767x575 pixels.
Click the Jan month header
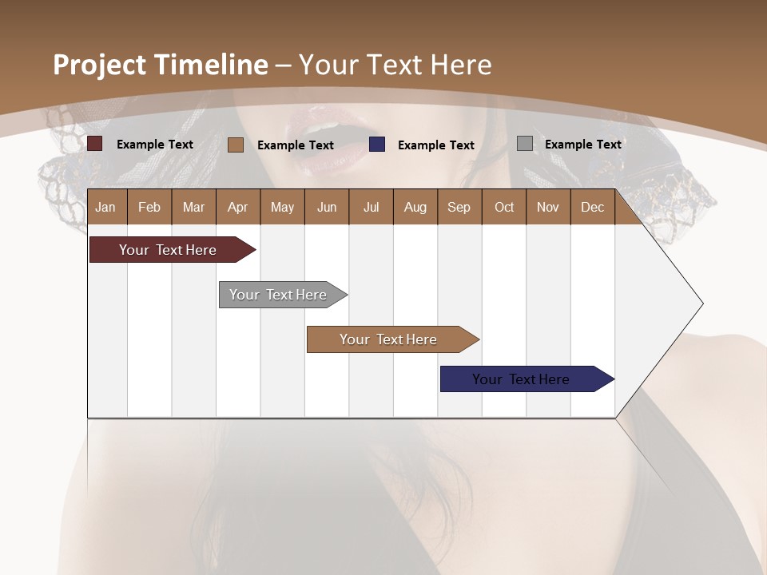[x=105, y=207]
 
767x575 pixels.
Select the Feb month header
[x=149, y=207]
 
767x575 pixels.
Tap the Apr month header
[x=237, y=207]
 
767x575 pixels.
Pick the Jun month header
[x=327, y=207]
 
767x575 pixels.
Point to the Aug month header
[x=415, y=207]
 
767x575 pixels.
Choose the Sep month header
[x=459, y=207]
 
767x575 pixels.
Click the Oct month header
[x=504, y=207]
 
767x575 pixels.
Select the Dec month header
[x=592, y=207]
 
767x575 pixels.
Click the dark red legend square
[x=95, y=144]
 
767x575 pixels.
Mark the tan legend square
[x=236, y=145]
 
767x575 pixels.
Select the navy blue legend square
[x=377, y=145]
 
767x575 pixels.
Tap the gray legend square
[x=525, y=144]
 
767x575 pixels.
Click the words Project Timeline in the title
[x=160, y=65]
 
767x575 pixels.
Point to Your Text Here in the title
[x=395, y=65]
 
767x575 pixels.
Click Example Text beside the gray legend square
[x=582, y=144]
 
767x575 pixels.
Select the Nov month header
[x=548, y=207]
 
